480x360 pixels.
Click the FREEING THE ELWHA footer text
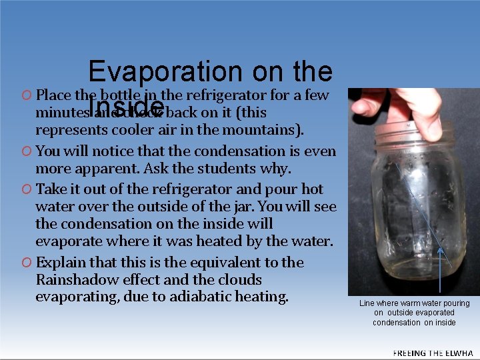point(433,353)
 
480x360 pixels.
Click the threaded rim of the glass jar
point(407,137)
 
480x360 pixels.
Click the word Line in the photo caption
point(367,303)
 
